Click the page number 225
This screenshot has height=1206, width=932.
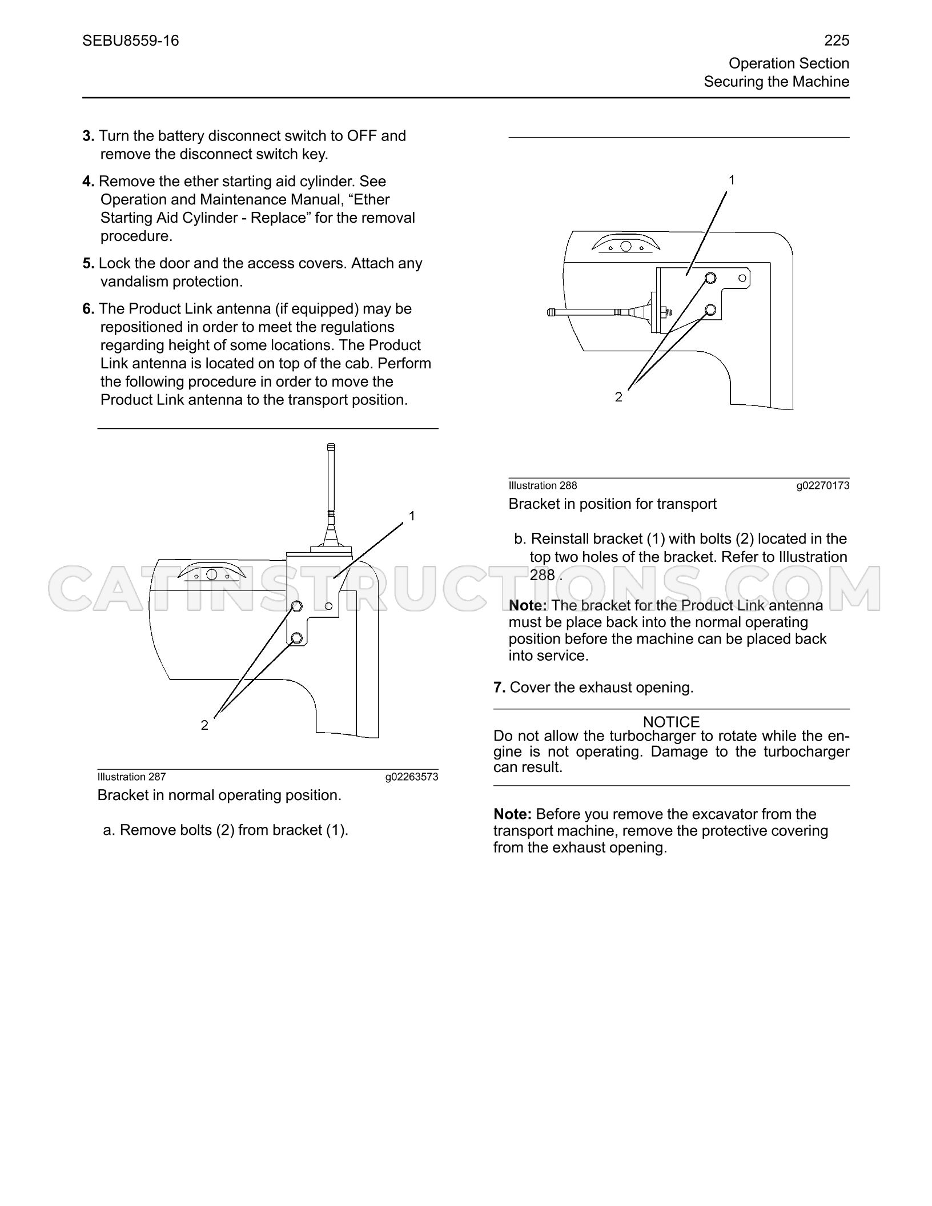tap(837, 41)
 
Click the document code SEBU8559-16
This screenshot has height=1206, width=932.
tap(131, 41)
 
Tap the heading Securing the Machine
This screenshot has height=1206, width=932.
tap(777, 82)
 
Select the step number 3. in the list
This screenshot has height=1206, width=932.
tap(89, 136)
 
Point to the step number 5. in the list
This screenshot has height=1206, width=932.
tap(89, 263)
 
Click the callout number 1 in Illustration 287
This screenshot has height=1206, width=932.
tap(412, 516)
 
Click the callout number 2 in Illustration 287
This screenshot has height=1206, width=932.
tap(204, 725)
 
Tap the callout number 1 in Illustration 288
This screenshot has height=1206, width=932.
tap(732, 180)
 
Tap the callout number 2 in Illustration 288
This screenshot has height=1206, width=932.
tap(618, 397)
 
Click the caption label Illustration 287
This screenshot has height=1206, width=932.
tap(131, 777)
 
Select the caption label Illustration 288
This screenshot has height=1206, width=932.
tap(543, 485)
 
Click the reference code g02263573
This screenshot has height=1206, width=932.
tap(412, 777)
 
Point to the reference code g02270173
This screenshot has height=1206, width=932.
tap(823, 485)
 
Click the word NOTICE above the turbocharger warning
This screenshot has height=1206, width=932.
tap(671, 722)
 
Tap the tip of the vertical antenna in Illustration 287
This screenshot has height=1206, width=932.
tap(331, 445)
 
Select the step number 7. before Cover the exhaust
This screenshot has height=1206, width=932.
tap(500, 688)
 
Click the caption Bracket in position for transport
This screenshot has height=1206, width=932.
tap(613, 504)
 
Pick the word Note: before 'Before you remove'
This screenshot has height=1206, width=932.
tap(513, 814)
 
